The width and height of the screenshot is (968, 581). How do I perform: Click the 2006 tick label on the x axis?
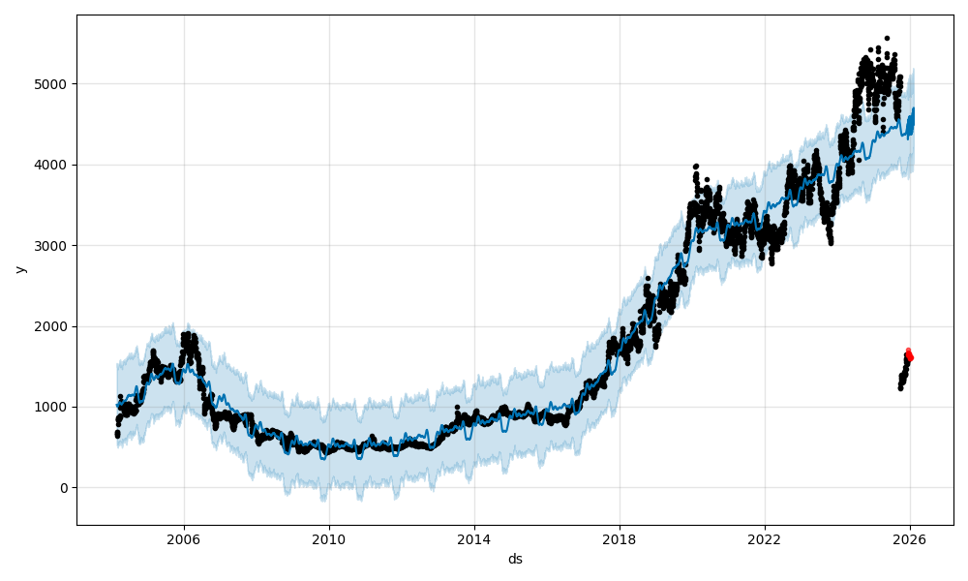(x=184, y=539)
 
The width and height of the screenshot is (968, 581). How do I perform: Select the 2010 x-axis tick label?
(x=329, y=539)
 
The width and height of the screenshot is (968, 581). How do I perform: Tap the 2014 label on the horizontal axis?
(x=474, y=539)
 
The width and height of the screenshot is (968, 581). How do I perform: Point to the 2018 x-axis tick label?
(x=620, y=539)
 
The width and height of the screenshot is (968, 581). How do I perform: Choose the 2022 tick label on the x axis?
(x=765, y=539)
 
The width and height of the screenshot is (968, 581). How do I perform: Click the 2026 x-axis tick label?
(x=910, y=539)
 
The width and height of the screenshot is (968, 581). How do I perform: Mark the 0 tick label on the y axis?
(x=64, y=488)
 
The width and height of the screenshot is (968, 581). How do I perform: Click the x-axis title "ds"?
(x=515, y=559)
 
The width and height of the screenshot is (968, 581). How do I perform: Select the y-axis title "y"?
(x=19, y=269)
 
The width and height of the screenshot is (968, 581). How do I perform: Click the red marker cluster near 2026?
(x=909, y=355)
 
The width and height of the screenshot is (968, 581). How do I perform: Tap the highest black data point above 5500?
(x=887, y=39)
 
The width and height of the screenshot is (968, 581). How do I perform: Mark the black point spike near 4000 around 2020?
(x=696, y=168)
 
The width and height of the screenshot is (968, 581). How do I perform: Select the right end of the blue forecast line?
(x=913, y=109)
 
